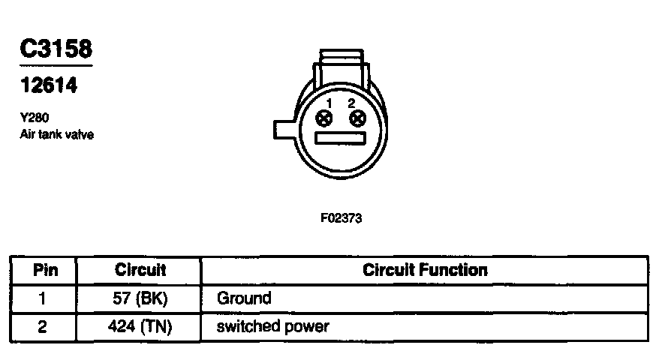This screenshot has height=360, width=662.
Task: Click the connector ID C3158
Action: [56, 50]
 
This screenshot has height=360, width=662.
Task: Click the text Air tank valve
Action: [57, 135]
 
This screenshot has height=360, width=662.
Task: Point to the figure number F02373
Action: [342, 219]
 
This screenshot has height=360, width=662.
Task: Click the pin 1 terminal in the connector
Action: [325, 118]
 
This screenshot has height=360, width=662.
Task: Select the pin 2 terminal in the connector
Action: [357, 118]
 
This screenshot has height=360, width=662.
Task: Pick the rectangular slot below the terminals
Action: [340, 139]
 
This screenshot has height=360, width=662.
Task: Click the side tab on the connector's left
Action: [284, 130]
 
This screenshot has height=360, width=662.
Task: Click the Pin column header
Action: [43, 270]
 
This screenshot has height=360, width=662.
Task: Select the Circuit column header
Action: [140, 270]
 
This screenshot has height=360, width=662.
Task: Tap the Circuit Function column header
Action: [425, 270]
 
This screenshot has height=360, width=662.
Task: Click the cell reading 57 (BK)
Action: [140, 298]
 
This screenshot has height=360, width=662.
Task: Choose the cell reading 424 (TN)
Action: [140, 327]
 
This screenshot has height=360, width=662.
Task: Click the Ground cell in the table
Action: [244, 298]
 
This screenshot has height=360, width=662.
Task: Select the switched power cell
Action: [272, 327]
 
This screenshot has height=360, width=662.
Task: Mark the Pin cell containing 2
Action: [43, 327]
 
